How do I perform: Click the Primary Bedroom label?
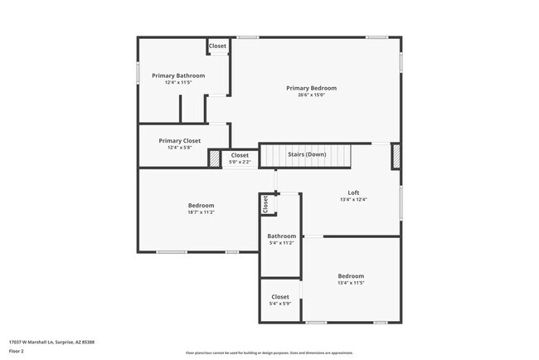click(x=311, y=88)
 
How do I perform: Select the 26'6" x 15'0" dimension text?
click(x=311, y=95)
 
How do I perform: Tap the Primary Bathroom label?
click(x=178, y=75)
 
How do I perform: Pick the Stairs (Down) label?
click(x=306, y=155)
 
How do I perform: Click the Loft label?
click(x=353, y=192)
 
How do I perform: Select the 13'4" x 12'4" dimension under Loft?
click(x=353, y=200)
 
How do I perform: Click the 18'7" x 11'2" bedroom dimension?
click(x=201, y=212)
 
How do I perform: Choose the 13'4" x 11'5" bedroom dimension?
click(x=350, y=284)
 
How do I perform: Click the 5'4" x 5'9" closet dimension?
click(x=280, y=304)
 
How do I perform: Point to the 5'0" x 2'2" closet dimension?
click(x=240, y=162)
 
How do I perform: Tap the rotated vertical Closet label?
click(x=266, y=205)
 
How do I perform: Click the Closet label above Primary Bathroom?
click(x=218, y=46)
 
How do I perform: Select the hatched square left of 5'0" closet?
click(x=214, y=158)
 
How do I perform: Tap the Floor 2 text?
click(x=17, y=351)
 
